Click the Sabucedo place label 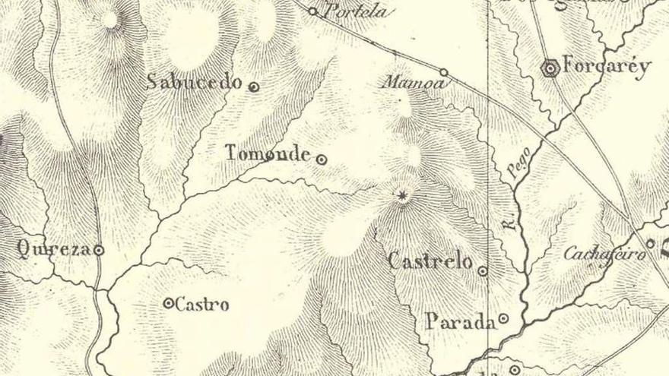193,82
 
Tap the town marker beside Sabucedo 254,87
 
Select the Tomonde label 268,153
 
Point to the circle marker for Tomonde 322,160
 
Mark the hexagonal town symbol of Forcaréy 550,68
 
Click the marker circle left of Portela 312,11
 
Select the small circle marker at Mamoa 444,73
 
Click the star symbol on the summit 403,196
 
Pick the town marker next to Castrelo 483,270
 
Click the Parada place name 459,321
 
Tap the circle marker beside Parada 503,318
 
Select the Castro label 202,305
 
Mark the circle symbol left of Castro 168,303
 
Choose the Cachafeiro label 604,253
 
